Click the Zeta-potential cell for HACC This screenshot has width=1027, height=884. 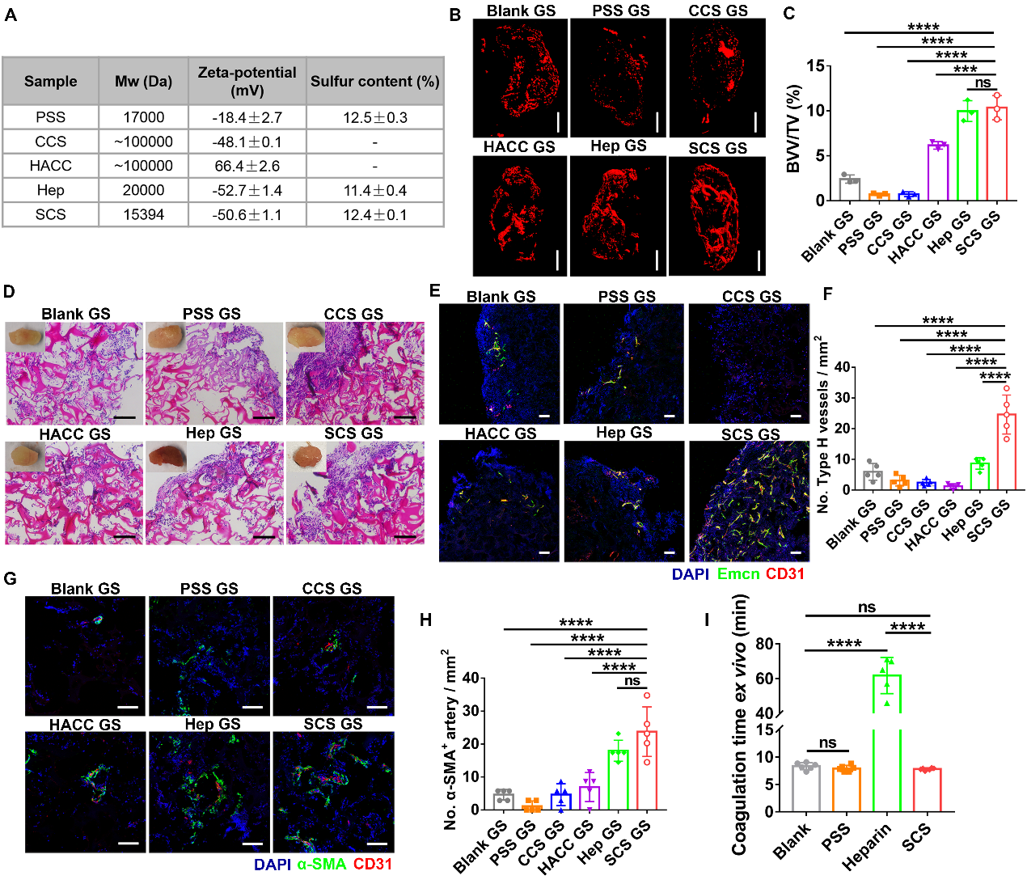pyautogui.click(x=247, y=166)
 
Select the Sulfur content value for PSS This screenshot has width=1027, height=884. pyautogui.click(x=374, y=117)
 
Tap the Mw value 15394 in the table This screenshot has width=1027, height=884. pyautogui.click(x=143, y=214)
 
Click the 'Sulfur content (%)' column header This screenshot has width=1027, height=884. pyautogui.click(x=374, y=81)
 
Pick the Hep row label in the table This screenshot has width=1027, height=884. pyautogui.click(x=50, y=190)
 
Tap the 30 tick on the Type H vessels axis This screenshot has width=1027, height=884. pyautogui.click(x=842, y=398)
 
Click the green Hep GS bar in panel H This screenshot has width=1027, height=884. pyautogui.click(x=619, y=780)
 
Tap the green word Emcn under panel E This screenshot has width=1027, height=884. pyautogui.click(x=738, y=574)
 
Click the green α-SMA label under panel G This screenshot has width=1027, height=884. pyautogui.click(x=322, y=864)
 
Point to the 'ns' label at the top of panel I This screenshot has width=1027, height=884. pyautogui.click(x=867, y=607)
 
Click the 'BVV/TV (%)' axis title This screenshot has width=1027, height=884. pyautogui.click(x=793, y=129)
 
